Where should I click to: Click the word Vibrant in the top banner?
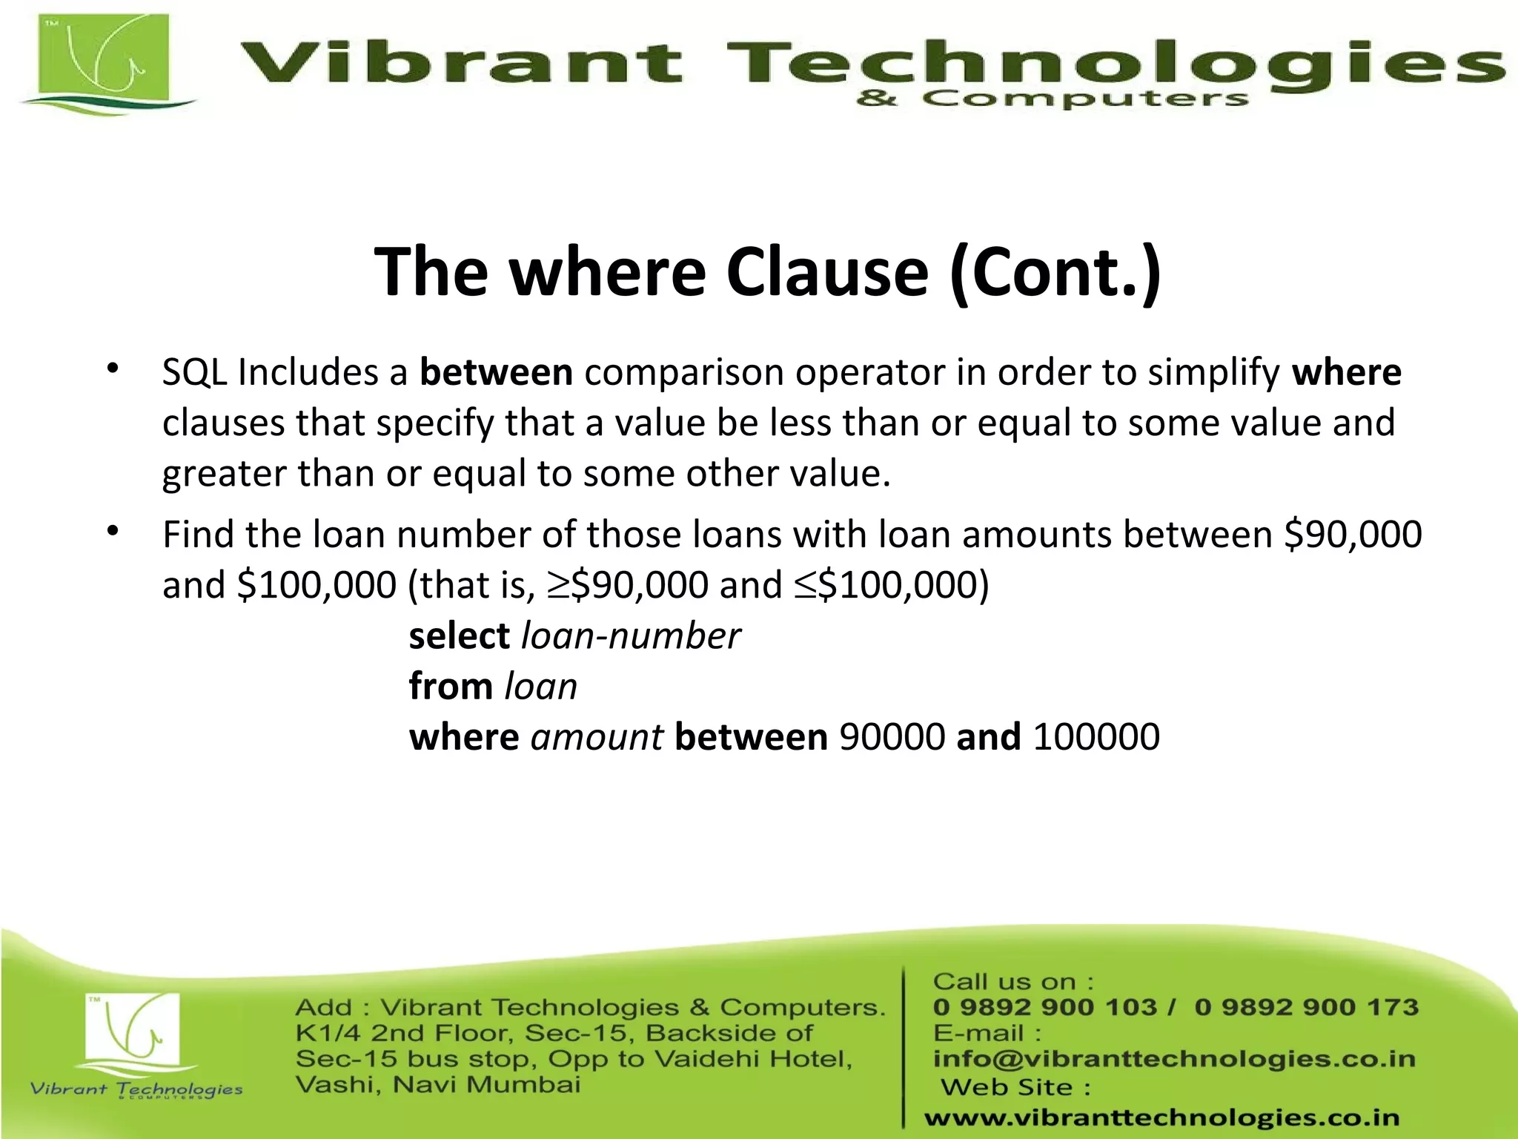pos(460,63)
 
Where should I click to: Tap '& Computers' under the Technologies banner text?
pos(1051,99)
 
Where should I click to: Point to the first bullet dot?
pos(113,369)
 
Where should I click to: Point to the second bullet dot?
pos(113,531)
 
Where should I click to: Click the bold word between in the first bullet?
pos(496,372)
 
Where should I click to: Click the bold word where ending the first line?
pos(1346,372)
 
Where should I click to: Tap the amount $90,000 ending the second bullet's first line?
pos(1353,535)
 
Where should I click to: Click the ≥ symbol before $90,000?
pos(558,586)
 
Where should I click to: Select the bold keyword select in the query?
pos(459,636)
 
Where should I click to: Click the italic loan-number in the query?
pos(631,636)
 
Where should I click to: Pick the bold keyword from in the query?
pos(451,687)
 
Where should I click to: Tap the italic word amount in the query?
pos(597,738)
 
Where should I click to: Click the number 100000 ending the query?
pos(1096,738)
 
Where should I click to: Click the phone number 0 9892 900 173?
pos(1306,1007)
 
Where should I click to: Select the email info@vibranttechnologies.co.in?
pos(1174,1059)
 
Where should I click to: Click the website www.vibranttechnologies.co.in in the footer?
pos(1161,1117)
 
